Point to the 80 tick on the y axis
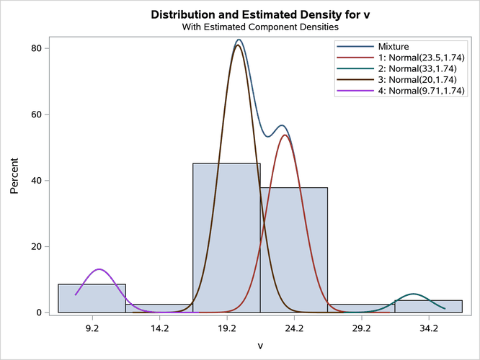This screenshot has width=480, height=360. tap(38, 48)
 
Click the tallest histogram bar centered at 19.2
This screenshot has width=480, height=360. tap(226, 238)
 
